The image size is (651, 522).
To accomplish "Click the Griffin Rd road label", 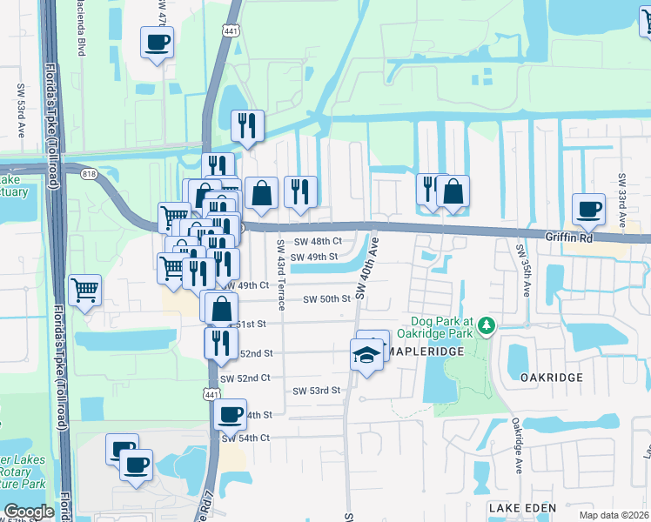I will coord(569,236).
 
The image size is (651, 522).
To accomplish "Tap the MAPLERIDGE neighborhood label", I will coord(424,351).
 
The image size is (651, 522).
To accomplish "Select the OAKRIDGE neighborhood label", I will coord(551,378).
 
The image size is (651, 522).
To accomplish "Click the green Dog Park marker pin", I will coord(487,325).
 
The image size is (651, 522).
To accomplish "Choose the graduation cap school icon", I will coord(367,355).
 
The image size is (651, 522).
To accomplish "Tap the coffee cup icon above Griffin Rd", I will coord(588,209).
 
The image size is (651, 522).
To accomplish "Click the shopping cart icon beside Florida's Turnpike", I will coord(84,291).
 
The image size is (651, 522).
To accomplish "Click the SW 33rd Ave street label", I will coord(622,201).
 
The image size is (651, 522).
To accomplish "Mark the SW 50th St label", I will coord(326,299).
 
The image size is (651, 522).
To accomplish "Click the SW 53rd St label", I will coord(316,391).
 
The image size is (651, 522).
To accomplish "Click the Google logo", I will coord(29,511).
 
